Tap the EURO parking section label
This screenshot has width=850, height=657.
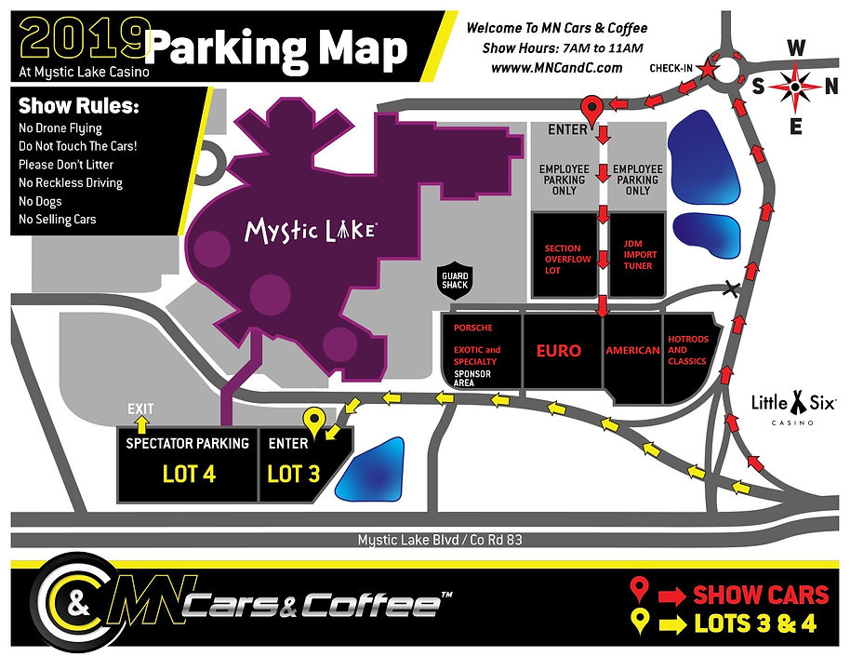[558, 351]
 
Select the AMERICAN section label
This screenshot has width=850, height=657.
[632, 351]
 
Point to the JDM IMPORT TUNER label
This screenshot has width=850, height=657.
[638, 254]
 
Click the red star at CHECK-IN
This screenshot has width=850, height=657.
[708, 69]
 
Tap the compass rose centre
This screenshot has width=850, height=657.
[795, 86]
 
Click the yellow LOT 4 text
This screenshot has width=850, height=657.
[188, 474]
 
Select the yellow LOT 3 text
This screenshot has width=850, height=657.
[293, 474]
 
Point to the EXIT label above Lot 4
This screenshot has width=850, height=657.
[139, 409]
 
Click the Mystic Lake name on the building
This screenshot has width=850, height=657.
[310, 230]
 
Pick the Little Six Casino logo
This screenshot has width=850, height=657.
[793, 406]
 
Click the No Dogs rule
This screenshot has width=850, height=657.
[39, 201]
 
